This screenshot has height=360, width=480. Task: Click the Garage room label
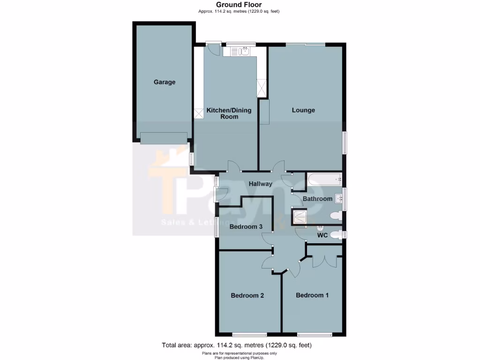coord(165,82)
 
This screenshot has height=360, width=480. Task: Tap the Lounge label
coord(303,110)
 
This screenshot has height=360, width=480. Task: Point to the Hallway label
coord(260,184)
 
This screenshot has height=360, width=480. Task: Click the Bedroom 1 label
coord(312,295)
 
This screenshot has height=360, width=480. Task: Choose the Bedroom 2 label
coord(247,295)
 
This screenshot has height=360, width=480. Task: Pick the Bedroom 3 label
coord(246,227)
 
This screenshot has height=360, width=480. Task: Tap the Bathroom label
coord(317,199)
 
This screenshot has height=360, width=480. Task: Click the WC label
coord(322,235)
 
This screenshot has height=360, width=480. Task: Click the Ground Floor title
coord(239,5)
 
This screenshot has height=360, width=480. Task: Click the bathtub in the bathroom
coord(324,179)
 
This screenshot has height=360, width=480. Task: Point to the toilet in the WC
coord(335,235)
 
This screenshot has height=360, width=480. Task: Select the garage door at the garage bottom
coord(164,138)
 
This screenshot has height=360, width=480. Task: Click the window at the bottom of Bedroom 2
coord(249,335)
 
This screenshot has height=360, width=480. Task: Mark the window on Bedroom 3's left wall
coord(216,226)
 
